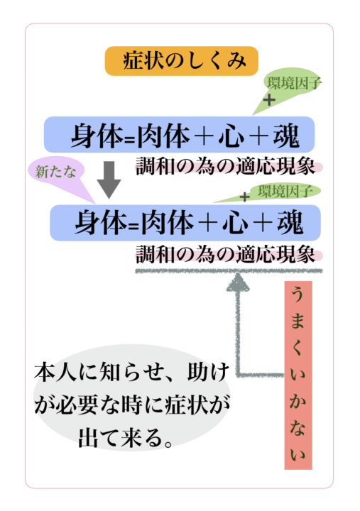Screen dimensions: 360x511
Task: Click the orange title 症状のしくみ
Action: coord(184,61)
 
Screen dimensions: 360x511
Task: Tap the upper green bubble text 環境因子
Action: coord(294,83)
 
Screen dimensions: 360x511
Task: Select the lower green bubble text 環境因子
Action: coord(285,191)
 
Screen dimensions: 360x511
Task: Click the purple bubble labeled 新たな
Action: coord(56,172)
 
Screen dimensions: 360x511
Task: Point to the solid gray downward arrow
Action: coord(109,180)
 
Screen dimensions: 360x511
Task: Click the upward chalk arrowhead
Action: coord(238,282)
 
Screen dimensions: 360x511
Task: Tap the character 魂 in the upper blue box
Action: coord(286,136)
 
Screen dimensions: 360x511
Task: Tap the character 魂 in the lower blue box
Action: coord(290,223)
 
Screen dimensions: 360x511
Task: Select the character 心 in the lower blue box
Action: coord(236,224)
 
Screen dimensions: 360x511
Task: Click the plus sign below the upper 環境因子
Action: coord(269,100)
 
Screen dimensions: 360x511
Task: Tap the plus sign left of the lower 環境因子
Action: coord(244,197)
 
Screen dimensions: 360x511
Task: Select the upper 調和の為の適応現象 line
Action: coord(225,166)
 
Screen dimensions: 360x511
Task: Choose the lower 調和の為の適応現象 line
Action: coord(225,254)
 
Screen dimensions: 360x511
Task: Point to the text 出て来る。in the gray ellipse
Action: coord(126,438)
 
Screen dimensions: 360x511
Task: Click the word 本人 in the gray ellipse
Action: coord(55,371)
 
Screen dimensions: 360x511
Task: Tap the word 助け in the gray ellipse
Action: coord(209,371)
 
